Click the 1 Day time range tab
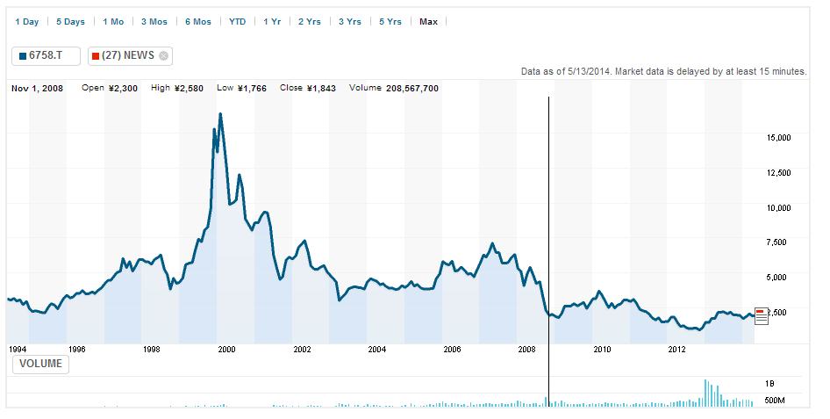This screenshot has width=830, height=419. tap(26, 21)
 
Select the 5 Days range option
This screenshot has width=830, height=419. tap(70, 21)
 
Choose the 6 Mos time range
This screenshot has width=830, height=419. tap(197, 21)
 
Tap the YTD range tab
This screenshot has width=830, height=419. tap(237, 21)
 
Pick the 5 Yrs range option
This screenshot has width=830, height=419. tap(390, 21)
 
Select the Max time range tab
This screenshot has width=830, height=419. tap(428, 21)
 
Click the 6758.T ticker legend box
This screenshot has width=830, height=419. tap(46, 55)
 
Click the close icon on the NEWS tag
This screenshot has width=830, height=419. tap(163, 55)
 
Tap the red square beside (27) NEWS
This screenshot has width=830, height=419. tap(96, 55)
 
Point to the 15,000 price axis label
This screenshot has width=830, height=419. tap(779, 138)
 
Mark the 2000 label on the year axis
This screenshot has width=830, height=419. tap(226, 350)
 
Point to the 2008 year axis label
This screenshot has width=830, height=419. tap(526, 350)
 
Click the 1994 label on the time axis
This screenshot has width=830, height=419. tap(18, 350)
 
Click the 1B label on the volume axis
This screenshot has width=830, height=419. tap(769, 384)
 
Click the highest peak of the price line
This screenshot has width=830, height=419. tap(220, 113)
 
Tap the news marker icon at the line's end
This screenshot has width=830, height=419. tap(761, 315)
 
